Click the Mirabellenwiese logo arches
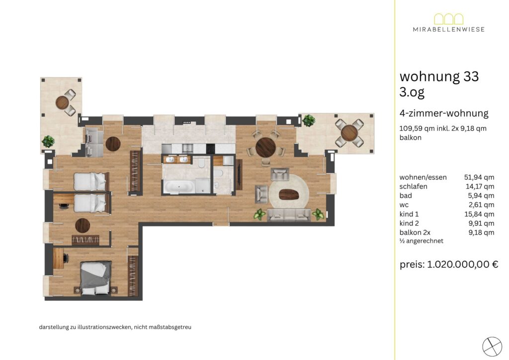[x=449, y=19]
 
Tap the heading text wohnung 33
[x=439, y=77]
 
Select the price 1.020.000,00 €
[x=463, y=264]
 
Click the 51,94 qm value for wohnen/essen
[x=479, y=177]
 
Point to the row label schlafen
[x=413, y=186]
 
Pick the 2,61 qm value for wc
[x=481, y=205]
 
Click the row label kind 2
[x=409, y=223]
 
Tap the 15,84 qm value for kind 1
[x=479, y=214]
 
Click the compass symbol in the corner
[x=492, y=347]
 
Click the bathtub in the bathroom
[x=179, y=186]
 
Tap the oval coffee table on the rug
[x=289, y=194]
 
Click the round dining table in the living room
[x=265, y=147]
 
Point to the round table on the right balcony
[x=349, y=133]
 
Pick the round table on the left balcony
[x=62, y=103]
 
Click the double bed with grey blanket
[x=96, y=278]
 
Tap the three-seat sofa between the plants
[x=289, y=215]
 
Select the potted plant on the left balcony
[x=48, y=142]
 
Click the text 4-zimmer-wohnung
[x=444, y=113]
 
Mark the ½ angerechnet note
[x=422, y=241]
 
